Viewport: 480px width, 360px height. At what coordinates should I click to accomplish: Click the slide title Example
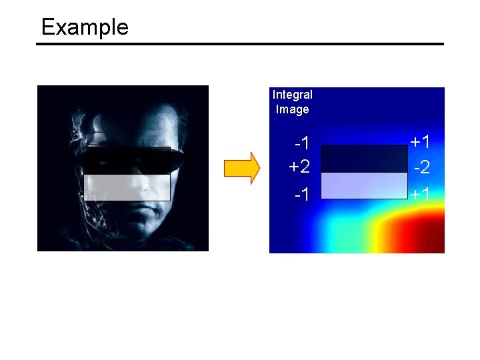(85, 27)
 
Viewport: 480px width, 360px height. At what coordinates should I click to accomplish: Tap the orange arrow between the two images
(241, 168)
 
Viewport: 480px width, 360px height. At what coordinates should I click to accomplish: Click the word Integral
(292, 95)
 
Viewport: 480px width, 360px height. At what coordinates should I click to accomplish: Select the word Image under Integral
(292, 109)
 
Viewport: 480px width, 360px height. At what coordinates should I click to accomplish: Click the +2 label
(299, 166)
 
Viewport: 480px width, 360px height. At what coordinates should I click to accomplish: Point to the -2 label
(420, 167)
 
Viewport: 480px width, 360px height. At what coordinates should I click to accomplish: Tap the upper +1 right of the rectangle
(420, 142)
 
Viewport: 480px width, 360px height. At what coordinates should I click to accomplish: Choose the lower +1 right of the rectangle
(420, 195)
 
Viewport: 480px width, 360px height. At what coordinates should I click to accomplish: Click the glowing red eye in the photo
(103, 163)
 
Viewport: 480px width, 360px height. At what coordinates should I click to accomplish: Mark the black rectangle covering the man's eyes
(127, 161)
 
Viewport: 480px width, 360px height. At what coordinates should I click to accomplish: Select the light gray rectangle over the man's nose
(127, 187)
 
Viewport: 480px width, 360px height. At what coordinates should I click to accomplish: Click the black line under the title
(240, 45)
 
